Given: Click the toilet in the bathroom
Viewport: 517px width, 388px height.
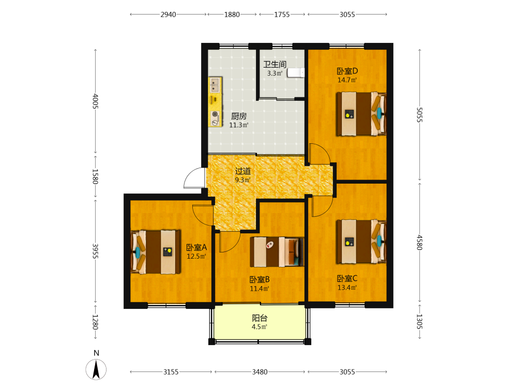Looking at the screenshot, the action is click(296, 72).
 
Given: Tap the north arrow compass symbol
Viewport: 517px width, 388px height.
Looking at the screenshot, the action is click(96, 369).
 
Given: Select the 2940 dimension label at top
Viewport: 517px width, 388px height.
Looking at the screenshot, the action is click(168, 14).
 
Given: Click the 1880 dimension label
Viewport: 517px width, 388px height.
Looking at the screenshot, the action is click(232, 14).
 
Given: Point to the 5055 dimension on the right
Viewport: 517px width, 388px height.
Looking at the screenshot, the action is click(419, 115).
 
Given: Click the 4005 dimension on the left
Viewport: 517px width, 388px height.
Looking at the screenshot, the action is click(95, 101).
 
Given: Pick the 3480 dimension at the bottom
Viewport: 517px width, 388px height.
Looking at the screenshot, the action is click(260, 372).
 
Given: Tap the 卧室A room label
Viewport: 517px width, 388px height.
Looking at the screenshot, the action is click(196, 247).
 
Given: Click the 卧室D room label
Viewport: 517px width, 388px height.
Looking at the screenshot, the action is click(347, 71).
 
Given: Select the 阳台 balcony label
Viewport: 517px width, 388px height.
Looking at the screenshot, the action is click(260, 318).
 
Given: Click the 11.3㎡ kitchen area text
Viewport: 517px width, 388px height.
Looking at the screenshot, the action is click(239, 125).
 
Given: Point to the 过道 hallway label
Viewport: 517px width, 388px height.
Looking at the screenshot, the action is click(242, 171).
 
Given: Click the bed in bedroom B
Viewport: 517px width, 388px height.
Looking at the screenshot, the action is click(277, 252).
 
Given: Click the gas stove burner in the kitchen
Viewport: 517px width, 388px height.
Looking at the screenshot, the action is click(215, 118).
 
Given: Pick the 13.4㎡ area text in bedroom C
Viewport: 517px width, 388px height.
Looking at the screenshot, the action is click(347, 287).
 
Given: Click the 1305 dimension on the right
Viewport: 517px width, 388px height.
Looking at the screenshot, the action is click(419, 321).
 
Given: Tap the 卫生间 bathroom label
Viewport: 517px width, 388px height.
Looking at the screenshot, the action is click(275, 64).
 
